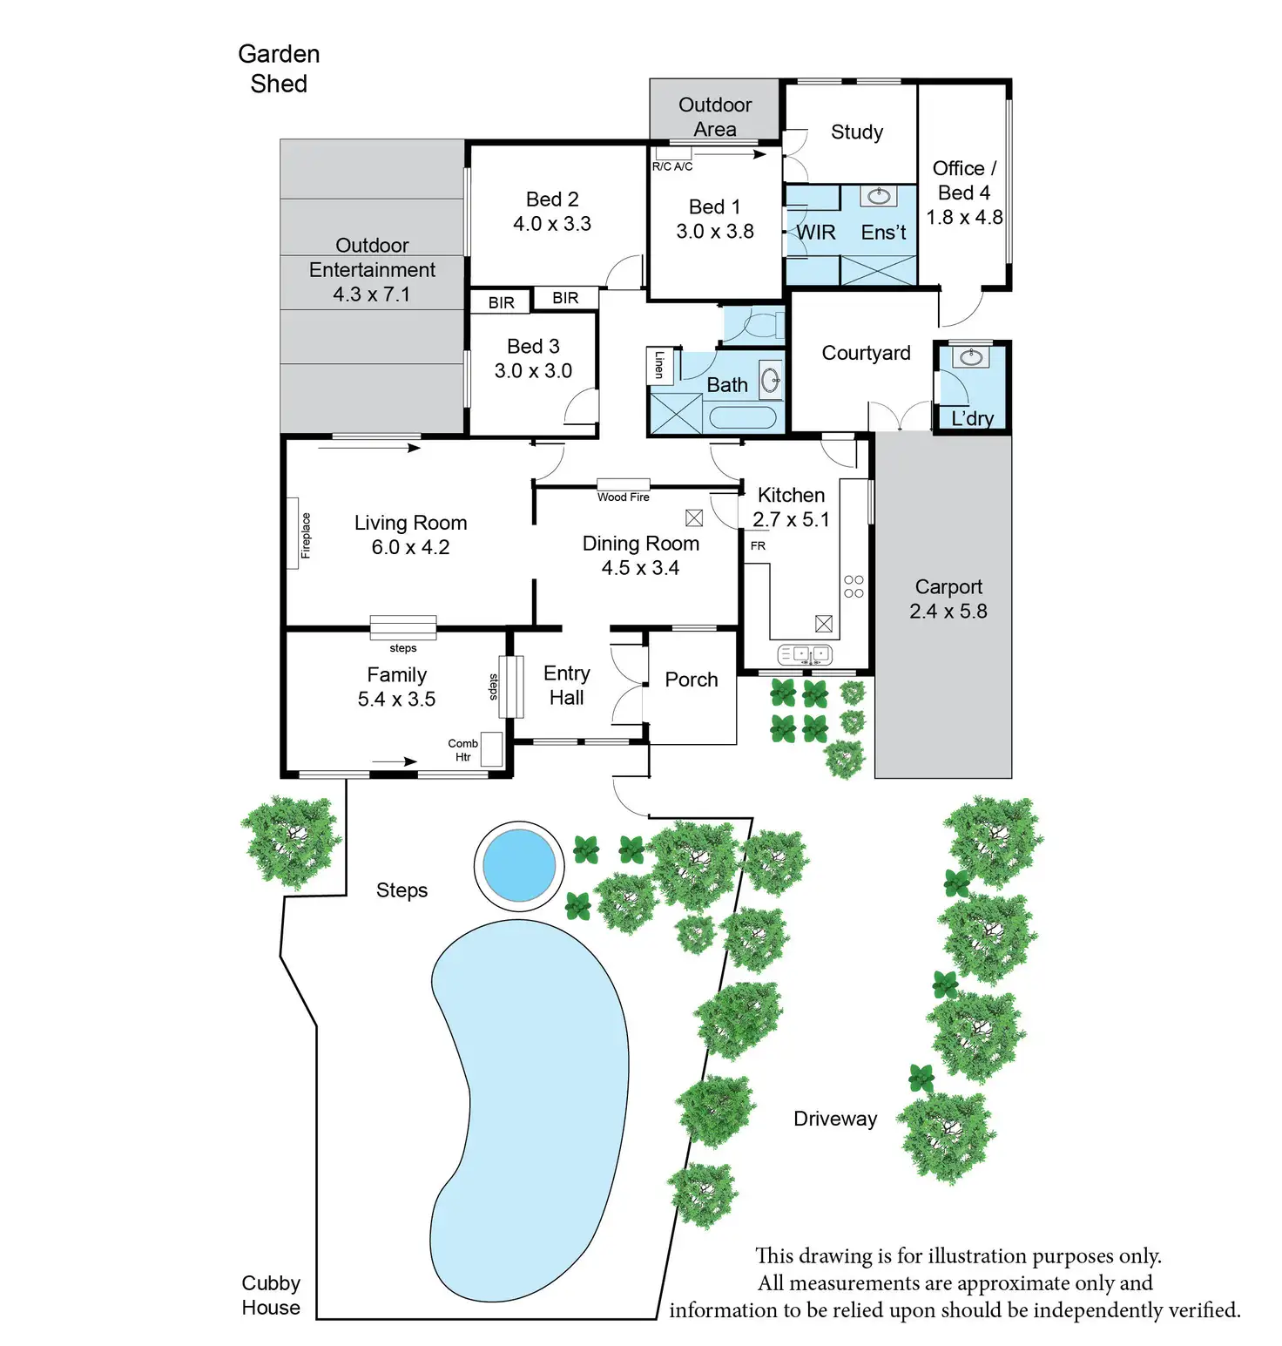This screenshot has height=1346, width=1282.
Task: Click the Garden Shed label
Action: click(x=279, y=69)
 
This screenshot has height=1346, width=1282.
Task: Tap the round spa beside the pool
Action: click(x=519, y=867)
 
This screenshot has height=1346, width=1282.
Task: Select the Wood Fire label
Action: click(x=624, y=497)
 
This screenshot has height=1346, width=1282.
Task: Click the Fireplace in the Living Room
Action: click(x=294, y=534)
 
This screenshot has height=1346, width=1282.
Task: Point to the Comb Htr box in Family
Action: click(x=491, y=749)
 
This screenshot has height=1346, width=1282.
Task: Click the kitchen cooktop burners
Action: click(x=854, y=586)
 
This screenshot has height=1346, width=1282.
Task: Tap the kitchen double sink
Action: click(x=805, y=654)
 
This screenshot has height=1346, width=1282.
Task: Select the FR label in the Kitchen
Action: click(x=758, y=546)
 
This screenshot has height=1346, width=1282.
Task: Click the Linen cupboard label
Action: click(x=659, y=364)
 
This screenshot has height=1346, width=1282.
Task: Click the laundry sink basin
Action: click(x=969, y=357)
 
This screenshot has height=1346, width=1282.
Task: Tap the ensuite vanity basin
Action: click(x=879, y=196)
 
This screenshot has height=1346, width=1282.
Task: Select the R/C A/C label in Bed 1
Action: click(x=672, y=166)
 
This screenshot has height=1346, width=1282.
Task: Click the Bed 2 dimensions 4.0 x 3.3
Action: click(x=552, y=224)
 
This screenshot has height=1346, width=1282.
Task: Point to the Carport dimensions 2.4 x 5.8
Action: click(x=948, y=612)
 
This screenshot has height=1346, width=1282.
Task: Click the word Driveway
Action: click(x=835, y=1119)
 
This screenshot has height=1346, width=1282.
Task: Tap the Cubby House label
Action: click(x=271, y=1295)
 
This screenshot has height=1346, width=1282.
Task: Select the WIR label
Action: click(x=816, y=233)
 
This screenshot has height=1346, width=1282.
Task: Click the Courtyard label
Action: click(x=867, y=353)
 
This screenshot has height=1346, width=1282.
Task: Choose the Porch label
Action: click(x=692, y=680)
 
